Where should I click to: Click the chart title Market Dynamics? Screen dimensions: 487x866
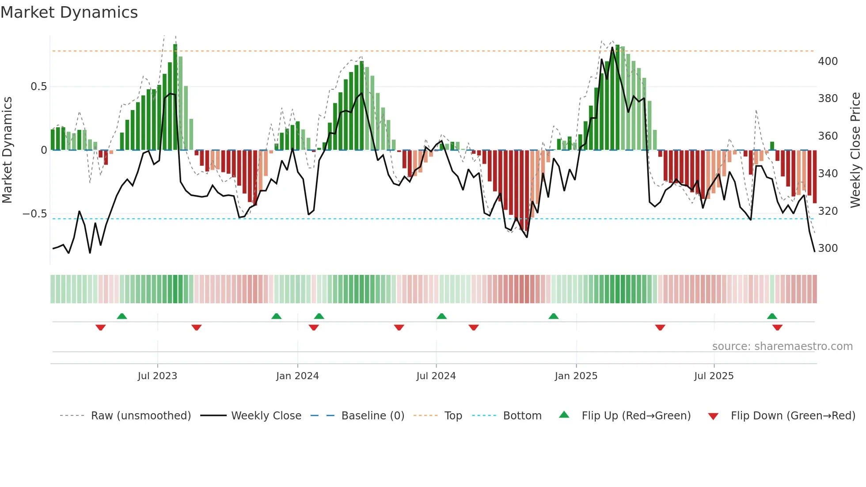tap(69, 12)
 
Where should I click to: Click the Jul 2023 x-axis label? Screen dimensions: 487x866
tap(157, 376)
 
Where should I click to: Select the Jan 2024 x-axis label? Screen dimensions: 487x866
tap(297, 376)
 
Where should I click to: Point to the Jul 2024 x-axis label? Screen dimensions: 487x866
tap(436, 376)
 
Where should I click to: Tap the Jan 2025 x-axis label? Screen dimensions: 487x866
tap(576, 376)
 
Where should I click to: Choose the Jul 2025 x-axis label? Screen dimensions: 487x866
tap(714, 376)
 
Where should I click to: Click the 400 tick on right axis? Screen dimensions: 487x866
tap(828, 61)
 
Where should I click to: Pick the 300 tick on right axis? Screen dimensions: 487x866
tap(828, 248)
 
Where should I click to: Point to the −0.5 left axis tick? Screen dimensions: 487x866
tap(34, 214)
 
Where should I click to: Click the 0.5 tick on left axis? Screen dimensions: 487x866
tap(38, 87)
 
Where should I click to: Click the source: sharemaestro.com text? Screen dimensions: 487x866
tap(782, 346)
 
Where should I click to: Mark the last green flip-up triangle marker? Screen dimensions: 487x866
tap(772, 316)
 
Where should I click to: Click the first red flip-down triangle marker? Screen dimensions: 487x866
tap(101, 327)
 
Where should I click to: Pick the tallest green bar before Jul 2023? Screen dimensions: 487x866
tap(154, 119)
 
